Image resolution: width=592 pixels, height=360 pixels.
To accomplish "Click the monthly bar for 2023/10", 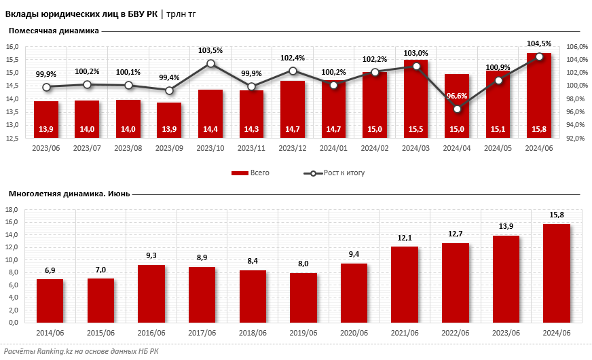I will (210, 113).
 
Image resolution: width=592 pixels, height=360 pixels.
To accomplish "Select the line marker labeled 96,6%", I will (457, 109).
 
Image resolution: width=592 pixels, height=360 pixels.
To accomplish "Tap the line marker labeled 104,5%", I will (539, 56).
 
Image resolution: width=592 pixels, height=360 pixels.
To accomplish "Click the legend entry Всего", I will (251, 173).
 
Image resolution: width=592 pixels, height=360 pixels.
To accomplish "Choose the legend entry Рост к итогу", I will (334, 173).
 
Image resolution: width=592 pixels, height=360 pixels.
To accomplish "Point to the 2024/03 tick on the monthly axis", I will (415, 147).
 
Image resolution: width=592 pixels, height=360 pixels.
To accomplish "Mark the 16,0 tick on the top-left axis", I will (12, 47).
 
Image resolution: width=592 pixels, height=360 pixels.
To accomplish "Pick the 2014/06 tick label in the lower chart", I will (50, 332).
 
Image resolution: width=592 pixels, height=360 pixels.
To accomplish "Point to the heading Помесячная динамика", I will (54, 31).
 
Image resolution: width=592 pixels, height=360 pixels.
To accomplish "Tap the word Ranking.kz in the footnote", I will (54, 351).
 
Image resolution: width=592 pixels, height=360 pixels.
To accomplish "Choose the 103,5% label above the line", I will (210, 50).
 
